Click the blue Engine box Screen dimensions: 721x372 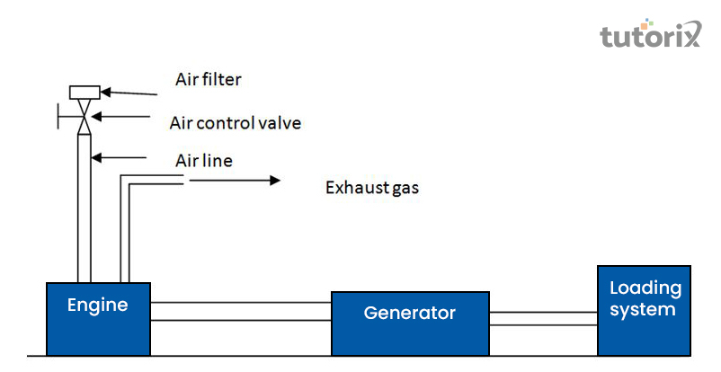click(x=98, y=319)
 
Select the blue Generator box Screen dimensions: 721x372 click(x=410, y=323)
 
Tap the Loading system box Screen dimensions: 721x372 click(x=644, y=310)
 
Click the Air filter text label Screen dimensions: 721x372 click(x=208, y=80)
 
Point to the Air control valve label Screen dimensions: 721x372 click(x=236, y=123)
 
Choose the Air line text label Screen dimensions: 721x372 click(x=204, y=161)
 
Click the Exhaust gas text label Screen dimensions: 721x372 click(x=372, y=188)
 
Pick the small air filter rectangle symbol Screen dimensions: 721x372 click(x=85, y=93)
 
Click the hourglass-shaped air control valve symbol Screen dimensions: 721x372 click(x=84, y=117)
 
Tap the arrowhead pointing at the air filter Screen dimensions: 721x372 click(x=105, y=92)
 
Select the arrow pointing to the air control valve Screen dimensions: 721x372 click(x=121, y=116)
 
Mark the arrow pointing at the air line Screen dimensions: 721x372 click(x=119, y=158)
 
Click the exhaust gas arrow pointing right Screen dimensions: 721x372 click(x=235, y=181)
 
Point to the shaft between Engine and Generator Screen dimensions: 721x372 click(x=241, y=311)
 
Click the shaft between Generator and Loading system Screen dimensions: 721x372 click(x=543, y=319)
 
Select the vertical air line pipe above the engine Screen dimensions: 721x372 click(x=85, y=208)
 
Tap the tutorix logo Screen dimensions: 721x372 click(x=650, y=33)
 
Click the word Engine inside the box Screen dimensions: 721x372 click(x=97, y=306)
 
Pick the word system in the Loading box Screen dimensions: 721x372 click(x=643, y=310)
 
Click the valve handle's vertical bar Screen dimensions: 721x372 click(x=58, y=116)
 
